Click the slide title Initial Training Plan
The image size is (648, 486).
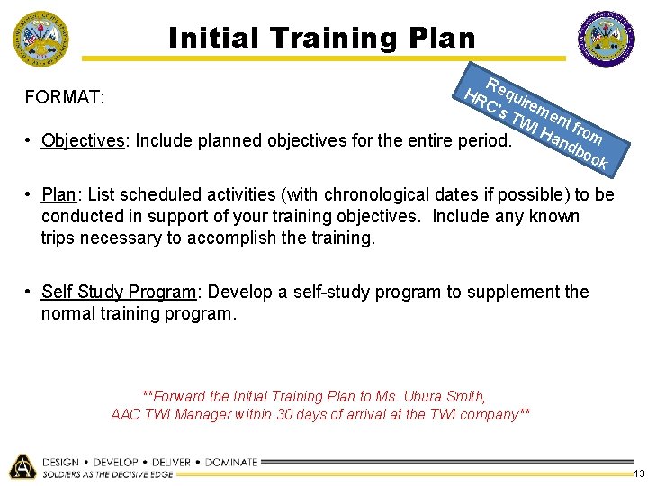322,38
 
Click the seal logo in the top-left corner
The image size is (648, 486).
40,39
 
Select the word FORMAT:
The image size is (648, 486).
66,96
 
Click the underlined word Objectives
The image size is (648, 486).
83,141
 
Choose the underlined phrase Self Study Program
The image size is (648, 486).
119,292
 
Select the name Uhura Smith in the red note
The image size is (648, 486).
445,396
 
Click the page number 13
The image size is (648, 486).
638,473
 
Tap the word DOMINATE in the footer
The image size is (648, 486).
231,462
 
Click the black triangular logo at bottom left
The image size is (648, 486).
22,465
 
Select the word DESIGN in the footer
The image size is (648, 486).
61,462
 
